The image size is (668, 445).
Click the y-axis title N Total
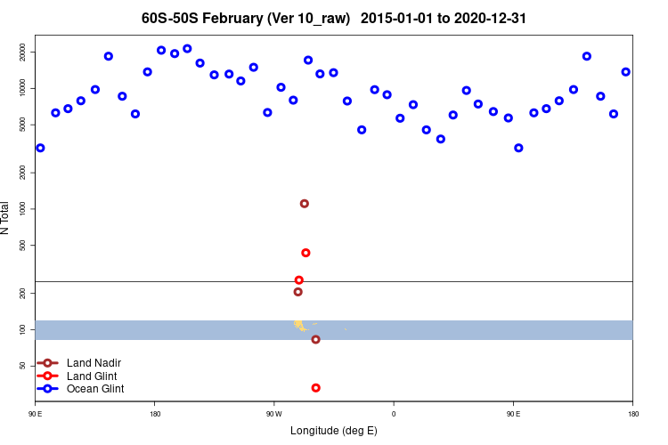coord(6,218)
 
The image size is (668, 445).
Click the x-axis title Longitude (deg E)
coord(334,431)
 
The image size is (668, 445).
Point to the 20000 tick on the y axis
coord(23,53)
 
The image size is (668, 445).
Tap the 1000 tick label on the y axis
coord(23,208)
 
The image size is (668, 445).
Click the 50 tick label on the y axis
coord(23,366)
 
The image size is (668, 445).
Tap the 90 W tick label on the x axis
coord(273,413)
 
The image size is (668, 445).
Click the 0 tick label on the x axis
coord(394,413)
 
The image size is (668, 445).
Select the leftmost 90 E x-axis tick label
coord(36,413)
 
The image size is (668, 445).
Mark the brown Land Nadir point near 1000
coord(305,204)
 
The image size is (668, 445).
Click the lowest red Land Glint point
coord(316,388)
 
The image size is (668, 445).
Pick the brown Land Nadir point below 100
coord(315,339)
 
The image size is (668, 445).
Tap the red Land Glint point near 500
coord(305,253)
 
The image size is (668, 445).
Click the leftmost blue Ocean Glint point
coord(40,148)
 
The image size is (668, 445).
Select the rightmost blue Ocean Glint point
coord(626,72)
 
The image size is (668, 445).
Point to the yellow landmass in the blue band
coord(299,325)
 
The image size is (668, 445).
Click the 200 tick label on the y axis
coord(23,293)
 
